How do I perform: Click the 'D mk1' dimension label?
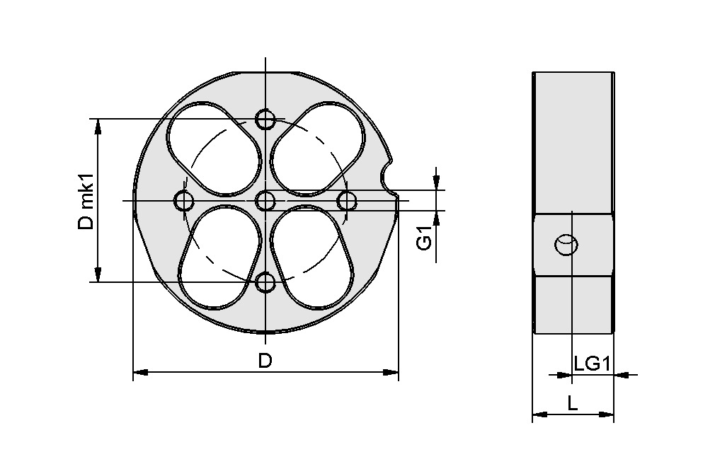coord(86,201)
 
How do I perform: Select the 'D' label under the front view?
coord(265,361)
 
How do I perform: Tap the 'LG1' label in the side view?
coord(592,364)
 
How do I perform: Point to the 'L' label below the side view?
coord(573,404)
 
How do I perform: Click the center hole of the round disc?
coord(265,202)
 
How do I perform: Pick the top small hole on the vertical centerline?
coord(265,120)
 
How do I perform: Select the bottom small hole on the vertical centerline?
coord(265,283)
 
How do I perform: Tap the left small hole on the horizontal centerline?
coord(184,202)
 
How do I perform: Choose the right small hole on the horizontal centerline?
coord(347,202)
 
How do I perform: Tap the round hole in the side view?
coord(567,245)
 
